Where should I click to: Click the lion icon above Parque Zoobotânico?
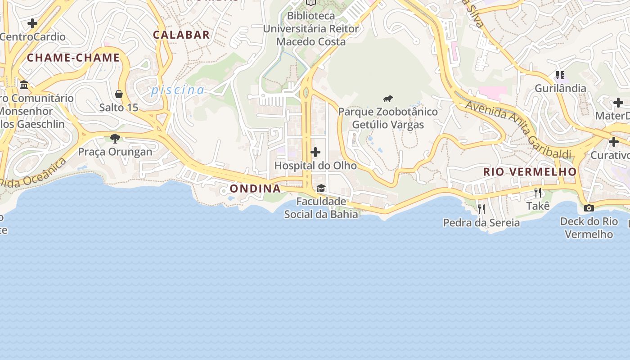click(388, 99)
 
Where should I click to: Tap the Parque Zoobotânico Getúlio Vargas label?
click(388, 118)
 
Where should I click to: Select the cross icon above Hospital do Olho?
click(315, 152)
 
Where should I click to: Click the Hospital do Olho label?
click(315, 166)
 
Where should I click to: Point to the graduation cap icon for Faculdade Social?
click(321, 188)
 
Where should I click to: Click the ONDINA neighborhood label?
click(255, 189)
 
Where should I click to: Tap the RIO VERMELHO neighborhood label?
click(530, 171)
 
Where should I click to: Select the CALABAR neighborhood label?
click(181, 35)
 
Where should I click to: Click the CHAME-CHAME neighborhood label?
click(73, 58)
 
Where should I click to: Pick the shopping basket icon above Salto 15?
click(119, 94)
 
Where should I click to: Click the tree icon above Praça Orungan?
click(115, 138)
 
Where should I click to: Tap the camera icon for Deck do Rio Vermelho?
click(589, 208)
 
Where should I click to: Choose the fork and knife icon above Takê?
click(538, 193)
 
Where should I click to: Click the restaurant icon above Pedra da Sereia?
click(481, 209)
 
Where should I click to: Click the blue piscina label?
click(177, 90)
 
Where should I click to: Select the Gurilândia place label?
click(560, 88)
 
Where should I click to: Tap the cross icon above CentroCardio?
click(32, 23)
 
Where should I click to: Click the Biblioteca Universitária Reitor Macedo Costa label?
click(311, 29)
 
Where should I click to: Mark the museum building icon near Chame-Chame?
click(24, 85)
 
